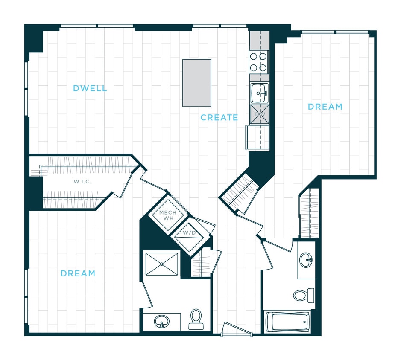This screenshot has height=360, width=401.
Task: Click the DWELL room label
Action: pyautogui.click(x=90, y=89)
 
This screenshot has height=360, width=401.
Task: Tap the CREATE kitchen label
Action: pyautogui.click(x=219, y=117)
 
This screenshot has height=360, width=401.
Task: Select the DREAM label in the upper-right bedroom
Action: pyautogui.click(x=325, y=107)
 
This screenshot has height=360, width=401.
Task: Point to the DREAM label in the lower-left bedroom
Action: pyautogui.click(x=78, y=273)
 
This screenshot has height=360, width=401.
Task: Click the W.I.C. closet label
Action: pyautogui.click(x=83, y=182)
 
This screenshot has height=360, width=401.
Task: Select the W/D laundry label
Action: pyautogui.click(x=189, y=233)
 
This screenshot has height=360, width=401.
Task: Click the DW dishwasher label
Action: pyautogui.click(x=260, y=115)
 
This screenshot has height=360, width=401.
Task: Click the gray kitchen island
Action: pyautogui.click(x=196, y=83)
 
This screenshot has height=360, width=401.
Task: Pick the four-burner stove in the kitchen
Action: pyautogui.click(x=259, y=62)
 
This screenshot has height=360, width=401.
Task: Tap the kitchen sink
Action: pyautogui.click(x=259, y=93)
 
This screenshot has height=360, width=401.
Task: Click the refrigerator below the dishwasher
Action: pyautogui.click(x=257, y=137)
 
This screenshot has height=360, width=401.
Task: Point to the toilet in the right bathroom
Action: pyautogui.click(x=304, y=294)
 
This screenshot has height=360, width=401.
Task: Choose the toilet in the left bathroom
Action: pyautogui.click(x=196, y=319)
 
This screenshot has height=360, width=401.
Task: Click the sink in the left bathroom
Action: pyautogui.click(x=161, y=321)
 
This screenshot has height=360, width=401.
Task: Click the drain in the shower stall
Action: pyautogui.click(x=161, y=264)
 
